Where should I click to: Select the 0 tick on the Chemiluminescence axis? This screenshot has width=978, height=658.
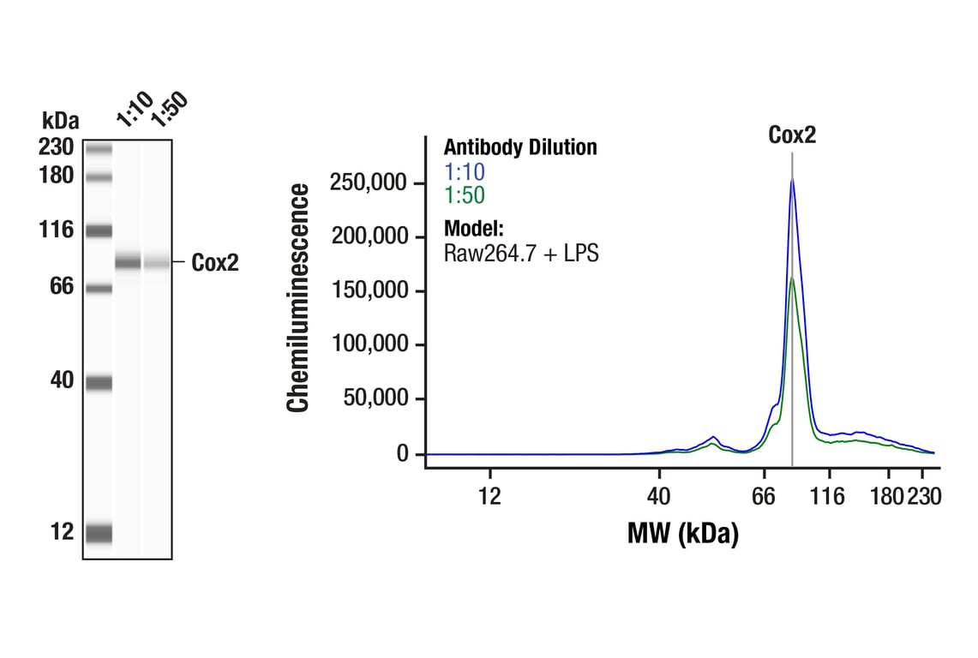(403, 453)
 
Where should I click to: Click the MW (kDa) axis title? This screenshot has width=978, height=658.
(682, 535)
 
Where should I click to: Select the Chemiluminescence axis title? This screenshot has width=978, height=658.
(298, 298)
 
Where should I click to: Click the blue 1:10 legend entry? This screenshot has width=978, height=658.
(465, 172)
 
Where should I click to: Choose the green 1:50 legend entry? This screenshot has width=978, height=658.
(465, 196)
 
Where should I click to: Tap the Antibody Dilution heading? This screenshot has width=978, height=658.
(520, 147)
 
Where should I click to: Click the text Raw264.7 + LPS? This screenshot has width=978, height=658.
(521, 253)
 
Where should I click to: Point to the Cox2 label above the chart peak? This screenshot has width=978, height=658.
(792, 135)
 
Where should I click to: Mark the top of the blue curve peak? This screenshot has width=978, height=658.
(792, 179)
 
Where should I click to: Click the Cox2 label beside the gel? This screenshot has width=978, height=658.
(214, 263)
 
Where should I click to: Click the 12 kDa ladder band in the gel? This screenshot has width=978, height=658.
(99, 533)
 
